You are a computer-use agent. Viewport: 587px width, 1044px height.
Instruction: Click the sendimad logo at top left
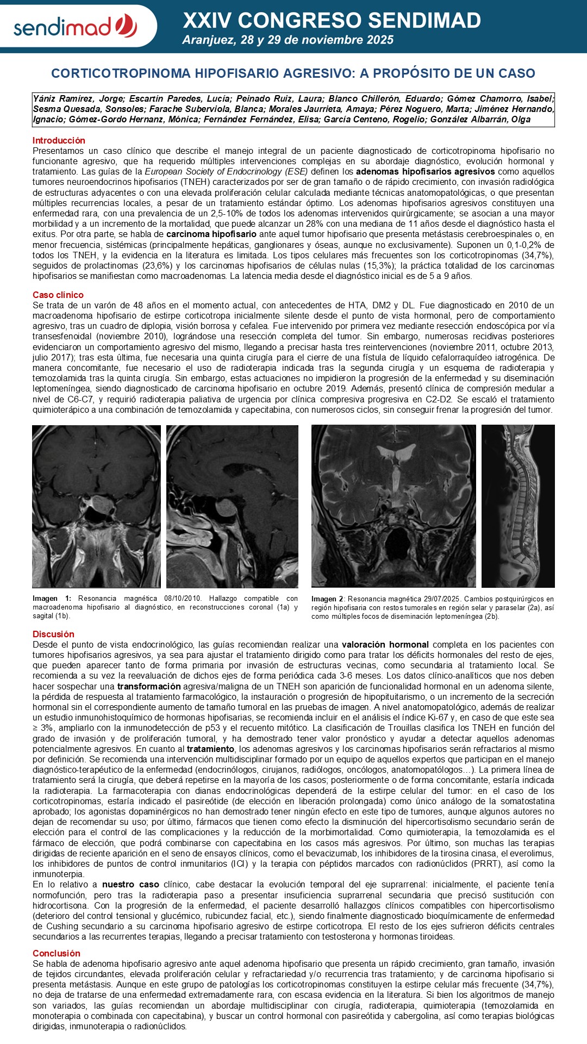pyautogui.click(x=75, y=26)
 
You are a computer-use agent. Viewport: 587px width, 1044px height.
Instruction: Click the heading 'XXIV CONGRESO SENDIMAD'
pyautogui.click(x=332, y=21)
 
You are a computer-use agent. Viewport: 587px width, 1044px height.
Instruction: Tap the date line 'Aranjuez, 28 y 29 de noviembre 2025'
pyautogui.click(x=288, y=40)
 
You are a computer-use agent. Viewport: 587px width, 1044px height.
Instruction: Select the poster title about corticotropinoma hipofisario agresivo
pyautogui.click(x=293, y=73)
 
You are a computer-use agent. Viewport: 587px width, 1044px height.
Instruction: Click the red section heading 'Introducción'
pyautogui.click(x=59, y=140)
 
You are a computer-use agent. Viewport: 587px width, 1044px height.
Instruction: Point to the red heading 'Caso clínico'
pyautogui.click(x=58, y=295)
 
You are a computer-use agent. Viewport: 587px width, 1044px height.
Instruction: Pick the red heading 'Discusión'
pyautogui.click(x=53, y=634)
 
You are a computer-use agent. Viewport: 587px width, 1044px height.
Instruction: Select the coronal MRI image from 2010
pyautogui.click(x=96, y=506)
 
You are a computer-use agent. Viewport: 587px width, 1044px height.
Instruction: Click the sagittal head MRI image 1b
pyautogui.click(x=232, y=506)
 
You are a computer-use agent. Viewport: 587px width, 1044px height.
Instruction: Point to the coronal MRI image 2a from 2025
pyautogui.click(x=394, y=506)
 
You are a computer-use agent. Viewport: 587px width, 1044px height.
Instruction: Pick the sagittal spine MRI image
pyautogui.click(x=518, y=506)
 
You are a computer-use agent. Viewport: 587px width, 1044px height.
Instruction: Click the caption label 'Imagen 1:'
pyautogui.click(x=52, y=599)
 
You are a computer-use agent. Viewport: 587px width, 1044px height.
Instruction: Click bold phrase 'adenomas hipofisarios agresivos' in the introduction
pyautogui.click(x=426, y=172)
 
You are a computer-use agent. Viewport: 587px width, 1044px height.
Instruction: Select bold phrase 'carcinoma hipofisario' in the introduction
pyautogui.click(x=211, y=234)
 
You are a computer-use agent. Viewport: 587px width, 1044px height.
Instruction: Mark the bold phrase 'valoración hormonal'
pyautogui.click(x=385, y=645)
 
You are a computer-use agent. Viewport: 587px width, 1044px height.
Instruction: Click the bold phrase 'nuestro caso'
pyautogui.click(x=130, y=885)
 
